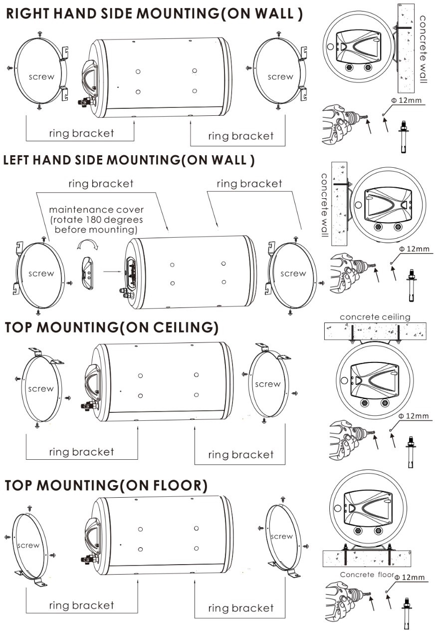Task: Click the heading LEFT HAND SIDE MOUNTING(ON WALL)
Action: coord(129,161)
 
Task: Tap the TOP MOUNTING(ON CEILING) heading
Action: coord(112,327)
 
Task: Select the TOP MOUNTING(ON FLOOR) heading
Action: coord(106,485)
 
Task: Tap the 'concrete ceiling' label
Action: coord(375,317)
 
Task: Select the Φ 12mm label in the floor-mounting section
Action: coord(410,578)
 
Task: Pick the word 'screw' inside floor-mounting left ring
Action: coord(28,545)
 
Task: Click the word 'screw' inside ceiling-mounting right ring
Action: coord(267,384)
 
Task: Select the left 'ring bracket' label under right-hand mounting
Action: coord(81,133)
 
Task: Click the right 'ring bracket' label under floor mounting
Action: coord(240,608)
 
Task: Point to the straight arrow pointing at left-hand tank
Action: coord(112,272)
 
